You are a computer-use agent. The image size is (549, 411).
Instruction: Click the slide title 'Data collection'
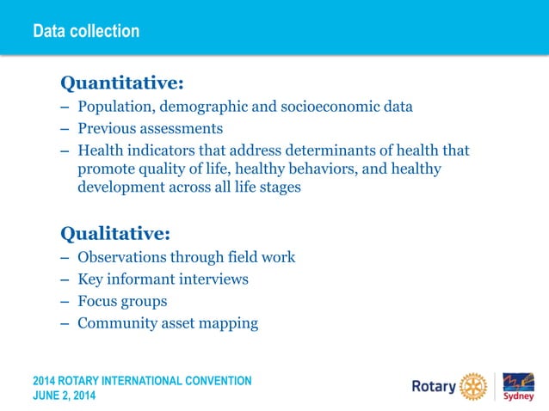pyautogui.click(x=86, y=32)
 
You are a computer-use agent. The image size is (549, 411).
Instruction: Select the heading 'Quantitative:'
pyautogui.click(x=121, y=83)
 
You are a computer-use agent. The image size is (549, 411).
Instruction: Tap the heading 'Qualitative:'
pyautogui.click(x=114, y=233)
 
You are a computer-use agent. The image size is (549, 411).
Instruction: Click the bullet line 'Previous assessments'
pyautogui.click(x=150, y=129)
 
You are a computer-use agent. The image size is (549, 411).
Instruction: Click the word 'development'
pyautogui.click(x=121, y=187)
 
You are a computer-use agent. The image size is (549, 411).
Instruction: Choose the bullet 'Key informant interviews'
pyautogui.click(x=163, y=279)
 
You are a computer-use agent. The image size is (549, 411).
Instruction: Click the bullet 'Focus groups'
pyautogui.click(x=122, y=302)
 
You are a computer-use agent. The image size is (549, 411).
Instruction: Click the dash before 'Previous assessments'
pyautogui.click(x=65, y=130)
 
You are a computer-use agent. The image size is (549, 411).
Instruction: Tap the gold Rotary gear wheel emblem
pyautogui.click(x=473, y=386)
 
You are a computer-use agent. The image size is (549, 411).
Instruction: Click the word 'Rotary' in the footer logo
pyautogui.click(x=434, y=387)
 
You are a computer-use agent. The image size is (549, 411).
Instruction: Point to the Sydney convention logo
pyautogui.click(x=518, y=386)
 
